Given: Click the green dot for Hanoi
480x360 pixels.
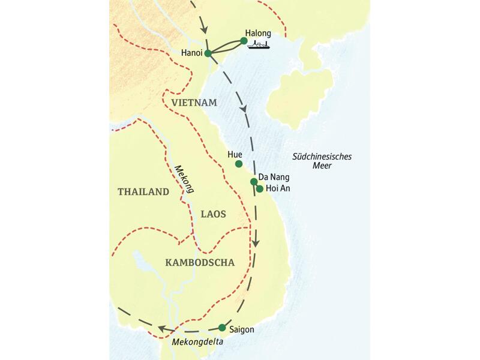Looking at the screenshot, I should click(x=208, y=53).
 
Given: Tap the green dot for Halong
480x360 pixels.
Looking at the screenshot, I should click(x=244, y=41).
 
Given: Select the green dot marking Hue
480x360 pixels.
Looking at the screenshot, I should click(x=239, y=164).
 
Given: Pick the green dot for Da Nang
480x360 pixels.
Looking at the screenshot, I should click(x=254, y=181).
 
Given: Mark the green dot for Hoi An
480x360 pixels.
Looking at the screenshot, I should click(x=259, y=189).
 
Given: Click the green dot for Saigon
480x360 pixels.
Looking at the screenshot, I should click(x=222, y=328).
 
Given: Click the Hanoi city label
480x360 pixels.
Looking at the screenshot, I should click(x=191, y=53).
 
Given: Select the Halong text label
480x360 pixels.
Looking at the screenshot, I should click(x=259, y=33).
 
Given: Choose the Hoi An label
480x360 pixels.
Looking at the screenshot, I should click(x=278, y=190).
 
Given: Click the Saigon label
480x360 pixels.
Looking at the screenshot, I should click(x=242, y=329).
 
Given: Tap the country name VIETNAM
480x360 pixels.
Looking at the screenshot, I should click(x=193, y=103).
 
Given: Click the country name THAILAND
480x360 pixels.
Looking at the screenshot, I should click(x=143, y=192).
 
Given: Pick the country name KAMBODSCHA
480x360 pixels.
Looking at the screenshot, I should click(x=199, y=262).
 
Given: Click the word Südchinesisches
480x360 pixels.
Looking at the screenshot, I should click(x=322, y=157).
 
